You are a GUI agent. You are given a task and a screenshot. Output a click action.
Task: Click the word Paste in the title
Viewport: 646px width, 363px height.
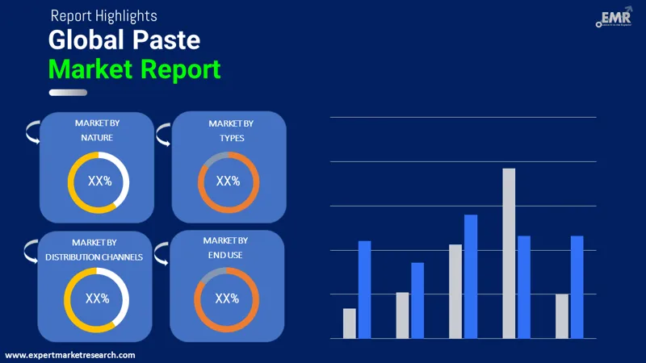coord(166,40)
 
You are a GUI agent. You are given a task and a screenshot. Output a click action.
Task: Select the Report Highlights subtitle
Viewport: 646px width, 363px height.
coord(103,15)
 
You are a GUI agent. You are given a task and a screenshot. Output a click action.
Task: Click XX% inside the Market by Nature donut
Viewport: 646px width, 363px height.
coord(99,181)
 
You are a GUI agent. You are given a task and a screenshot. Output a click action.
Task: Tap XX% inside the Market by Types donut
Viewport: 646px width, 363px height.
coord(228,181)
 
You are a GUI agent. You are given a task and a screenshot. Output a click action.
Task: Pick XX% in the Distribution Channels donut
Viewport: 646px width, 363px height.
coord(97,298)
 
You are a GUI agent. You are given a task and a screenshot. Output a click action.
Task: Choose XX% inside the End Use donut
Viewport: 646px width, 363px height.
coord(227,298)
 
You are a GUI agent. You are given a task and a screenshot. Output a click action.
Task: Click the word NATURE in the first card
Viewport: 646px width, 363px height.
coord(97,138)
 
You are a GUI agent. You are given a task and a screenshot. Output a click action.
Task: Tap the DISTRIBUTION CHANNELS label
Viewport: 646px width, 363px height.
coord(94,257)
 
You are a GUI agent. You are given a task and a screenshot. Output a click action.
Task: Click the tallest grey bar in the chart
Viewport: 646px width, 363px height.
coord(509,253)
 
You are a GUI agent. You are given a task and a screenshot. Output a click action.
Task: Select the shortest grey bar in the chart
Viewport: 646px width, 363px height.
coord(349,323)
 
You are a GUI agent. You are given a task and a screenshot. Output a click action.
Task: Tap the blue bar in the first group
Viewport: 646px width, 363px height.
coord(364,290)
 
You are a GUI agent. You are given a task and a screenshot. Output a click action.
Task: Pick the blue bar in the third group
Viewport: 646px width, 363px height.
coord(471,276)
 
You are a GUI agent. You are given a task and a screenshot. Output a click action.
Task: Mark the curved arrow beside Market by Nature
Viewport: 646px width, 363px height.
coord(31,131)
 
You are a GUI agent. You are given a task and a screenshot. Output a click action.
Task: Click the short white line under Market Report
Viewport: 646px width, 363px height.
coord(68,93)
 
